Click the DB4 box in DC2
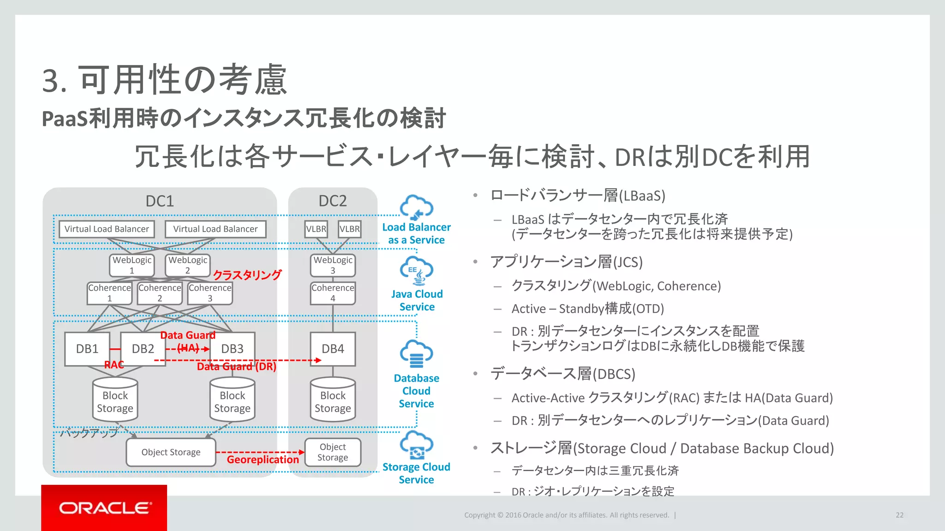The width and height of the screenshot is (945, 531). [x=333, y=349]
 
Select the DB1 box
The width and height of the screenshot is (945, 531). [x=87, y=349]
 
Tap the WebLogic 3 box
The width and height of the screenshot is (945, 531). [x=333, y=265]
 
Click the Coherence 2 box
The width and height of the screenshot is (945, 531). [x=160, y=293]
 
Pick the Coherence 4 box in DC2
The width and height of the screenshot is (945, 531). [x=333, y=293]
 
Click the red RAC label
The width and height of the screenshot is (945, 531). [x=114, y=365]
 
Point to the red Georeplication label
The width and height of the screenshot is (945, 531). [x=263, y=460]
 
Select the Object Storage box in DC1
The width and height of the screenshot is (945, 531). [x=171, y=452]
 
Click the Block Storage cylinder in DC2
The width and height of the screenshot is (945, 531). [x=333, y=400]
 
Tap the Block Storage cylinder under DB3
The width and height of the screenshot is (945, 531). [x=232, y=400]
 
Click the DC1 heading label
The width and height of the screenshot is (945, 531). [x=160, y=201]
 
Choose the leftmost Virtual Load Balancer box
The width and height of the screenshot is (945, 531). [x=107, y=229]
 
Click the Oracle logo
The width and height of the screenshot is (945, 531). [x=104, y=508]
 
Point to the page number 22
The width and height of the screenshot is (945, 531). [x=899, y=515]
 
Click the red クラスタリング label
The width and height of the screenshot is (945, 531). [x=247, y=275]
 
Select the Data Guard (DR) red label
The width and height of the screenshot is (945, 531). [x=236, y=366]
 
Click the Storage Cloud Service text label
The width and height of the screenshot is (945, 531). [x=416, y=473]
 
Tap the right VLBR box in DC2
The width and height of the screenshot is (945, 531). [x=349, y=229]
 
